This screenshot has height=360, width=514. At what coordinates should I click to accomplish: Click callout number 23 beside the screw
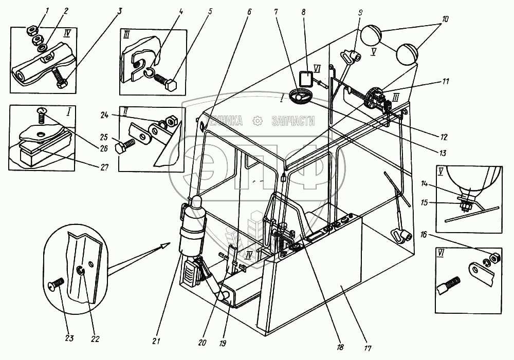pyautogui.click(x=69, y=338)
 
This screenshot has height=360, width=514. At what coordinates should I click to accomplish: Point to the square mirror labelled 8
pyautogui.click(x=306, y=80)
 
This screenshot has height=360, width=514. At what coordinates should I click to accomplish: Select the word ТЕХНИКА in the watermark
pyautogui.click(x=224, y=121)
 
